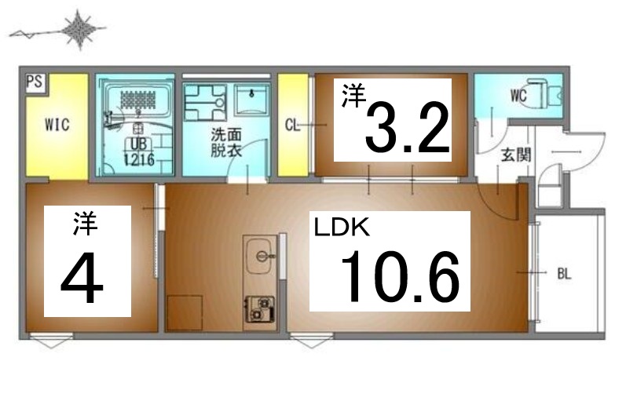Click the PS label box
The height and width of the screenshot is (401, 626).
(34, 82)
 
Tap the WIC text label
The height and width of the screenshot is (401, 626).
(57, 125)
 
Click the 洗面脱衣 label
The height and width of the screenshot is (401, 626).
(220, 141)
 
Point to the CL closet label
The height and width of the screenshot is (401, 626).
(292, 125)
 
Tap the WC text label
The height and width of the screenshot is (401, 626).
(518, 97)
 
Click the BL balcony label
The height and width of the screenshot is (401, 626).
(564, 274)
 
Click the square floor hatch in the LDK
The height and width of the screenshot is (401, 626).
(185, 312)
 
